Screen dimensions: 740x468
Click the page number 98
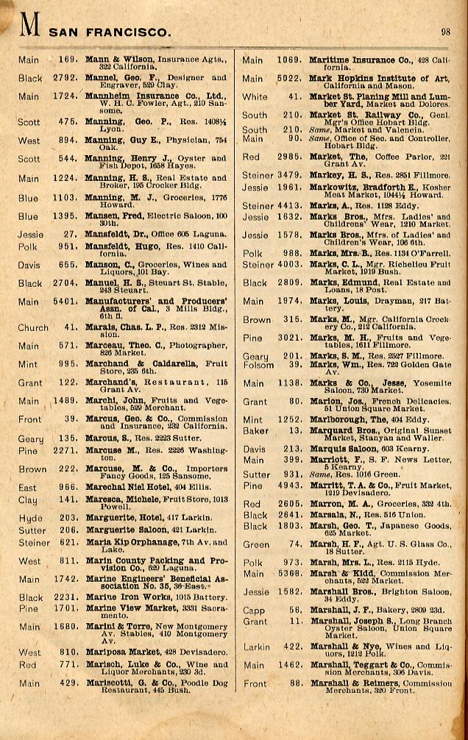(446, 32)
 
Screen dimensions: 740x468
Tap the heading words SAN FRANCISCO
(110, 32)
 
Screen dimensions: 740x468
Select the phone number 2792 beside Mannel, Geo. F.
(65, 77)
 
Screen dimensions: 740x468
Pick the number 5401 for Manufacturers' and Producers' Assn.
(65, 301)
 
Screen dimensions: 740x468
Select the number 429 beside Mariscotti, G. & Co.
(69, 683)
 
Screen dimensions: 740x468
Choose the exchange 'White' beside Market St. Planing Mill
(255, 96)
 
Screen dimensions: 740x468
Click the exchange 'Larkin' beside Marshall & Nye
(257, 647)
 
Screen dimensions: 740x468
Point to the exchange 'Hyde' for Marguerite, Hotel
(30, 518)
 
